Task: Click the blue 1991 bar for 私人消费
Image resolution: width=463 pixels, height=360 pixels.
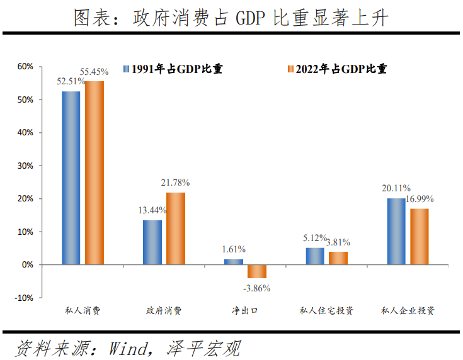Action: point(71,178)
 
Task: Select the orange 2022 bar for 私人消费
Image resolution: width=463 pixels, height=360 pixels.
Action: point(94,173)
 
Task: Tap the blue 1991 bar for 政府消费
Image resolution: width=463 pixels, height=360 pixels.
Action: point(152,242)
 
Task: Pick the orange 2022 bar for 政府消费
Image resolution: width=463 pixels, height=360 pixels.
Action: point(176,228)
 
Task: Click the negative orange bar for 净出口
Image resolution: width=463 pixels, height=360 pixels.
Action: point(257,271)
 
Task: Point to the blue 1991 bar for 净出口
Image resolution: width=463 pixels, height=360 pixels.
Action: point(234,262)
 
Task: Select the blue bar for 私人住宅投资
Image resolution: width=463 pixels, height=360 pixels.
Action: point(315,256)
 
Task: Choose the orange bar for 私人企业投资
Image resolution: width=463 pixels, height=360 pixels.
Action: point(420,237)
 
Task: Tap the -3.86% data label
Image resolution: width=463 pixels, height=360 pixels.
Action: point(257,288)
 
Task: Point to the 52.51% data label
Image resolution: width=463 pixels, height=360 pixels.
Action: point(71,81)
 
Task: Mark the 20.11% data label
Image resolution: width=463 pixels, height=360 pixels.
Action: point(396,188)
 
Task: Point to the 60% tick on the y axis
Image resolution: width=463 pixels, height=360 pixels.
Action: point(25,67)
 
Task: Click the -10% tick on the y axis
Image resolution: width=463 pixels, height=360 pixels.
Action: point(24,298)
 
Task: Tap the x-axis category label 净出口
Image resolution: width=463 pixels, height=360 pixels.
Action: point(245,311)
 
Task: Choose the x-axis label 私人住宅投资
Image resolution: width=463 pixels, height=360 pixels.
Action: point(326,311)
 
